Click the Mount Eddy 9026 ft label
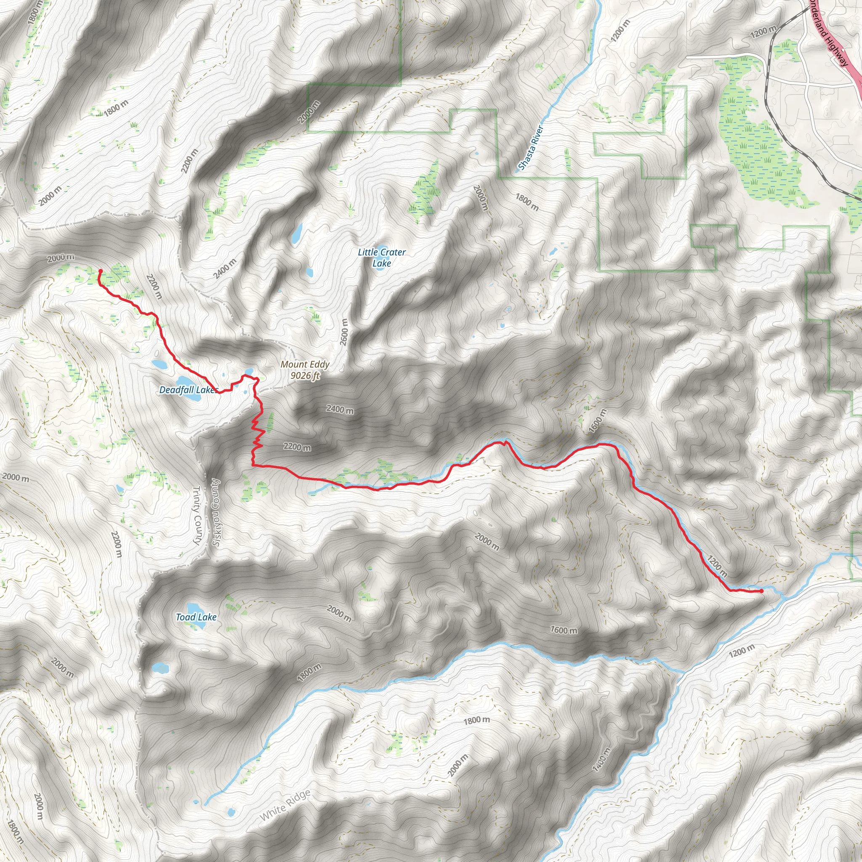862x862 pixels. point(305,370)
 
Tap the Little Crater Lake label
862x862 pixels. point(381,258)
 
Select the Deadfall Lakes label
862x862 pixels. point(188,390)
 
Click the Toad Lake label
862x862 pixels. point(196,617)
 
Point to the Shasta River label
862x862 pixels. point(531,148)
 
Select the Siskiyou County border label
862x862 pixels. point(216,513)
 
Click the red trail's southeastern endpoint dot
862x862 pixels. point(761,591)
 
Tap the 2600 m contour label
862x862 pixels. point(343,332)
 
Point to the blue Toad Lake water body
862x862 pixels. point(194,609)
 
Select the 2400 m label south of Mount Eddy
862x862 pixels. point(340,409)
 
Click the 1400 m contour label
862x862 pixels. point(601,759)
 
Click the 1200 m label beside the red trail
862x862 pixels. point(717,566)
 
